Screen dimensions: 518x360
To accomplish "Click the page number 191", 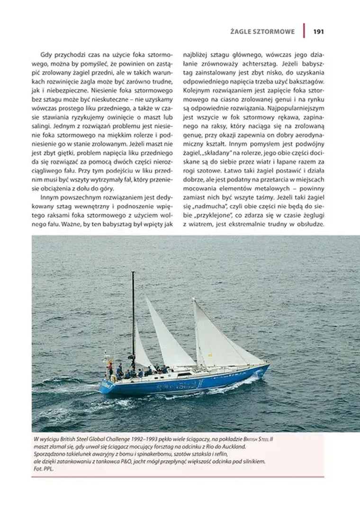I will (318, 32).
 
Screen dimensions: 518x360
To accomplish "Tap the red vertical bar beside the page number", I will (304, 31).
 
